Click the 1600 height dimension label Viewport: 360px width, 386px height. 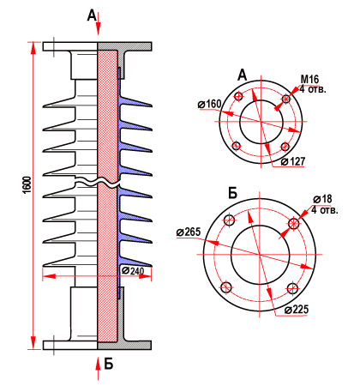coord(27,185)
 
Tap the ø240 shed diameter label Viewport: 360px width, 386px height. coord(133,270)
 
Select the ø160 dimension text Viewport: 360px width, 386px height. coord(209,105)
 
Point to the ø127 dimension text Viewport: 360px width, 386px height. coord(293,162)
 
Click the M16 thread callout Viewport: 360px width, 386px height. coord(310,79)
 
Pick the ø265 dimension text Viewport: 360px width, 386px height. coord(189,232)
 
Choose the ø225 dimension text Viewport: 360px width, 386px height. coord(297,310)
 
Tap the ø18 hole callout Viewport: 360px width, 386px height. coord(322,199)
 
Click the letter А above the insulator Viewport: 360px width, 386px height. coord(92,15)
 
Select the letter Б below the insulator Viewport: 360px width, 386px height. coord(109,364)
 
